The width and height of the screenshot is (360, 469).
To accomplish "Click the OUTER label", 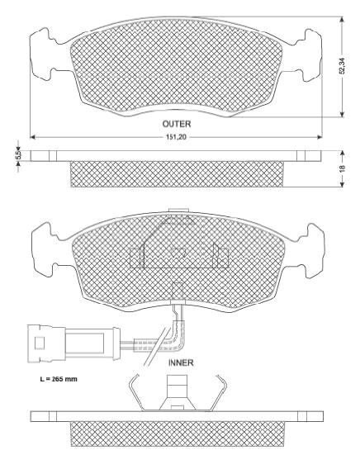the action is (177, 124).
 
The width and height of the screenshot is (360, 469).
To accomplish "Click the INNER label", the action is (181, 362).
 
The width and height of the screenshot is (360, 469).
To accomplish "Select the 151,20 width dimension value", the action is (176, 137).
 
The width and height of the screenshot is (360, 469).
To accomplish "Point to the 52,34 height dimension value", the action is (343, 65).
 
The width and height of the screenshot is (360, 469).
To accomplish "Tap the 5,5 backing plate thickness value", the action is (18, 155).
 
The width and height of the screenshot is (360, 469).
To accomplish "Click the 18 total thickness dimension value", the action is (343, 168).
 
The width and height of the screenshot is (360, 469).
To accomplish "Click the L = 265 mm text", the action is (59, 379).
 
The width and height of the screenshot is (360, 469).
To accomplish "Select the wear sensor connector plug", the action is (73, 343).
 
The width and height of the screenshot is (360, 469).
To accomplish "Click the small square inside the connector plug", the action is (39, 343).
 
